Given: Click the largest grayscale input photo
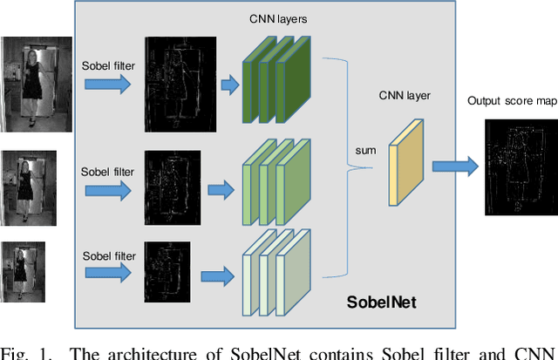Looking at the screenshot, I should [x=36, y=83].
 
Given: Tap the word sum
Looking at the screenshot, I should [x=366, y=151].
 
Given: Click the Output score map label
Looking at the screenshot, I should [x=512, y=101].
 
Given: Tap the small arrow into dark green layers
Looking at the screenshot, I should [x=230, y=84].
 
